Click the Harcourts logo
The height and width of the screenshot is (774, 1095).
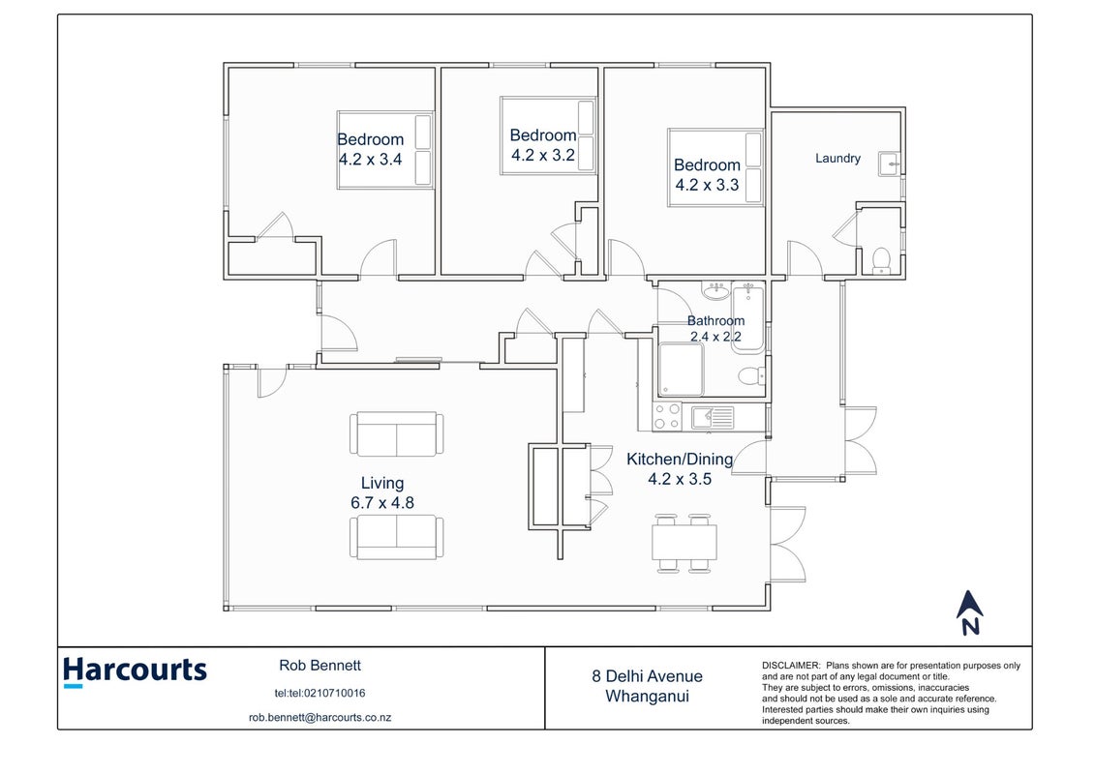pyautogui.click(x=135, y=671)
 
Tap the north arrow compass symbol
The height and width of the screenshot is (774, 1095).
pyautogui.click(x=969, y=612)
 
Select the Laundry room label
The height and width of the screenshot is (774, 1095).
pyautogui.click(x=837, y=159)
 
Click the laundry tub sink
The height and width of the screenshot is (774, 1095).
pyautogui.click(x=889, y=164)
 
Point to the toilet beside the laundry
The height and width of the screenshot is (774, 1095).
pyautogui.click(x=881, y=261)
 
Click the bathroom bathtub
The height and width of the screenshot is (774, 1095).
pyautogui.click(x=748, y=317)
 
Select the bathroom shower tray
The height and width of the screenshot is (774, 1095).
pyautogui.click(x=681, y=370)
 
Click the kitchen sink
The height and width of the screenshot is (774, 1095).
pyautogui.click(x=713, y=417)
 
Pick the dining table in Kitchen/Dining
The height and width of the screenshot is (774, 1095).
pyautogui.click(x=684, y=543)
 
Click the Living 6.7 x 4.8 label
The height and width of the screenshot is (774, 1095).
pyautogui.click(x=382, y=492)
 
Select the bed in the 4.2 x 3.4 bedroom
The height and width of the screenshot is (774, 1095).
pyautogui.click(x=384, y=150)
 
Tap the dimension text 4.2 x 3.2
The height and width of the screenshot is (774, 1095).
pyautogui.click(x=543, y=155)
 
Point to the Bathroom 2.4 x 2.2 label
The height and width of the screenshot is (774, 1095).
pyautogui.click(x=715, y=329)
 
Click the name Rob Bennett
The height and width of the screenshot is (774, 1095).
pyautogui.click(x=319, y=666)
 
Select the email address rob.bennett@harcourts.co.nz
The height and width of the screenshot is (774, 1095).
pyautogui.click(x=319, y=718)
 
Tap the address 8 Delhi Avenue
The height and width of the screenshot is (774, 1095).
pyautogui.click(x=648, y=676)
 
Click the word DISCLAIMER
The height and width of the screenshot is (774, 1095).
pyautogui.click(x=791, y=666)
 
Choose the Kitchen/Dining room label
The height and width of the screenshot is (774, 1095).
pyautogui.click(x=680, y=460)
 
